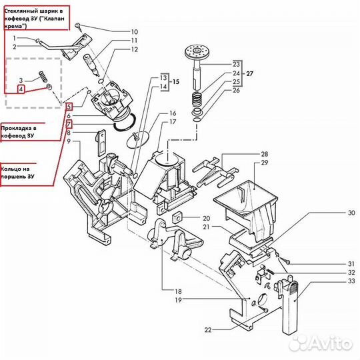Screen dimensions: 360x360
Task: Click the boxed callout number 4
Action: coord(21,89)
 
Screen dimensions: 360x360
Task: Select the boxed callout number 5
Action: coord(69,107)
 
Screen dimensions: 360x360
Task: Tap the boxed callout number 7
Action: coord(69,124)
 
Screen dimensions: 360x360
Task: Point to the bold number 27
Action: coord(249,73)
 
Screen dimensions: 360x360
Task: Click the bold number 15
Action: coord(176,82)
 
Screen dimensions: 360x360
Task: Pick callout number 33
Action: coord(351,281)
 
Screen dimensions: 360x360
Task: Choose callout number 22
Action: coord(208,330)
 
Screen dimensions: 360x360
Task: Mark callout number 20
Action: coord(207,218)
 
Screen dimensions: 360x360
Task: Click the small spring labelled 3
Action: coord(43,77)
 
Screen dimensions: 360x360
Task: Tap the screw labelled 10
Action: coord(79,27)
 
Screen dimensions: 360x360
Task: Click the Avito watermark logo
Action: coord(321,343)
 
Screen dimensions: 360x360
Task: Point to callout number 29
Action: coord(265,163)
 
